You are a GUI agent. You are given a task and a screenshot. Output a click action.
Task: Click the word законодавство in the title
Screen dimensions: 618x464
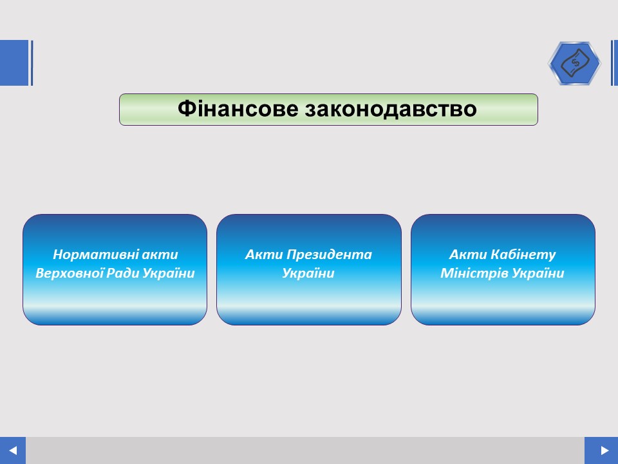click(x=391, y=108)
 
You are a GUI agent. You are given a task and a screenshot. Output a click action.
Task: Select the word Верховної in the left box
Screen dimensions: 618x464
click(x=68, y=273)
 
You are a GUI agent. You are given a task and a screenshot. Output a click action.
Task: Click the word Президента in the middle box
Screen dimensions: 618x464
click(x=329, y=255)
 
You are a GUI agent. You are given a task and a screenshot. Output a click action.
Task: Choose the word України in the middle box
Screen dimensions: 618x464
click(x=308, y=273)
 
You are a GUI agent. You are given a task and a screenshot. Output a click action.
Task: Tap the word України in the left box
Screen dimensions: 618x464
click(x=169, y=273)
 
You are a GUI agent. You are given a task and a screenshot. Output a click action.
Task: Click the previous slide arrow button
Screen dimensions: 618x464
click(x=13, y=450)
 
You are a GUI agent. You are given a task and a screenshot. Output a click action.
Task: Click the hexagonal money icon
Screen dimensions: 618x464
click(x=575, y=63)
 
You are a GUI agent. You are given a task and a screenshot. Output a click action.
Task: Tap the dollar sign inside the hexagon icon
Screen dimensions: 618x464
click(x=576, y=63)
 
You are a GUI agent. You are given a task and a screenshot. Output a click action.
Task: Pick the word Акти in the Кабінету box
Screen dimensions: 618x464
click(x=468, y=255)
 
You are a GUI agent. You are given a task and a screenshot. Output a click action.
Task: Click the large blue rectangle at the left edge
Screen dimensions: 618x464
click(x=14, y=63)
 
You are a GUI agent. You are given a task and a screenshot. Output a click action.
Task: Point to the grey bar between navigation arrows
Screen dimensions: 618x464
click(x=305, y=450)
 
